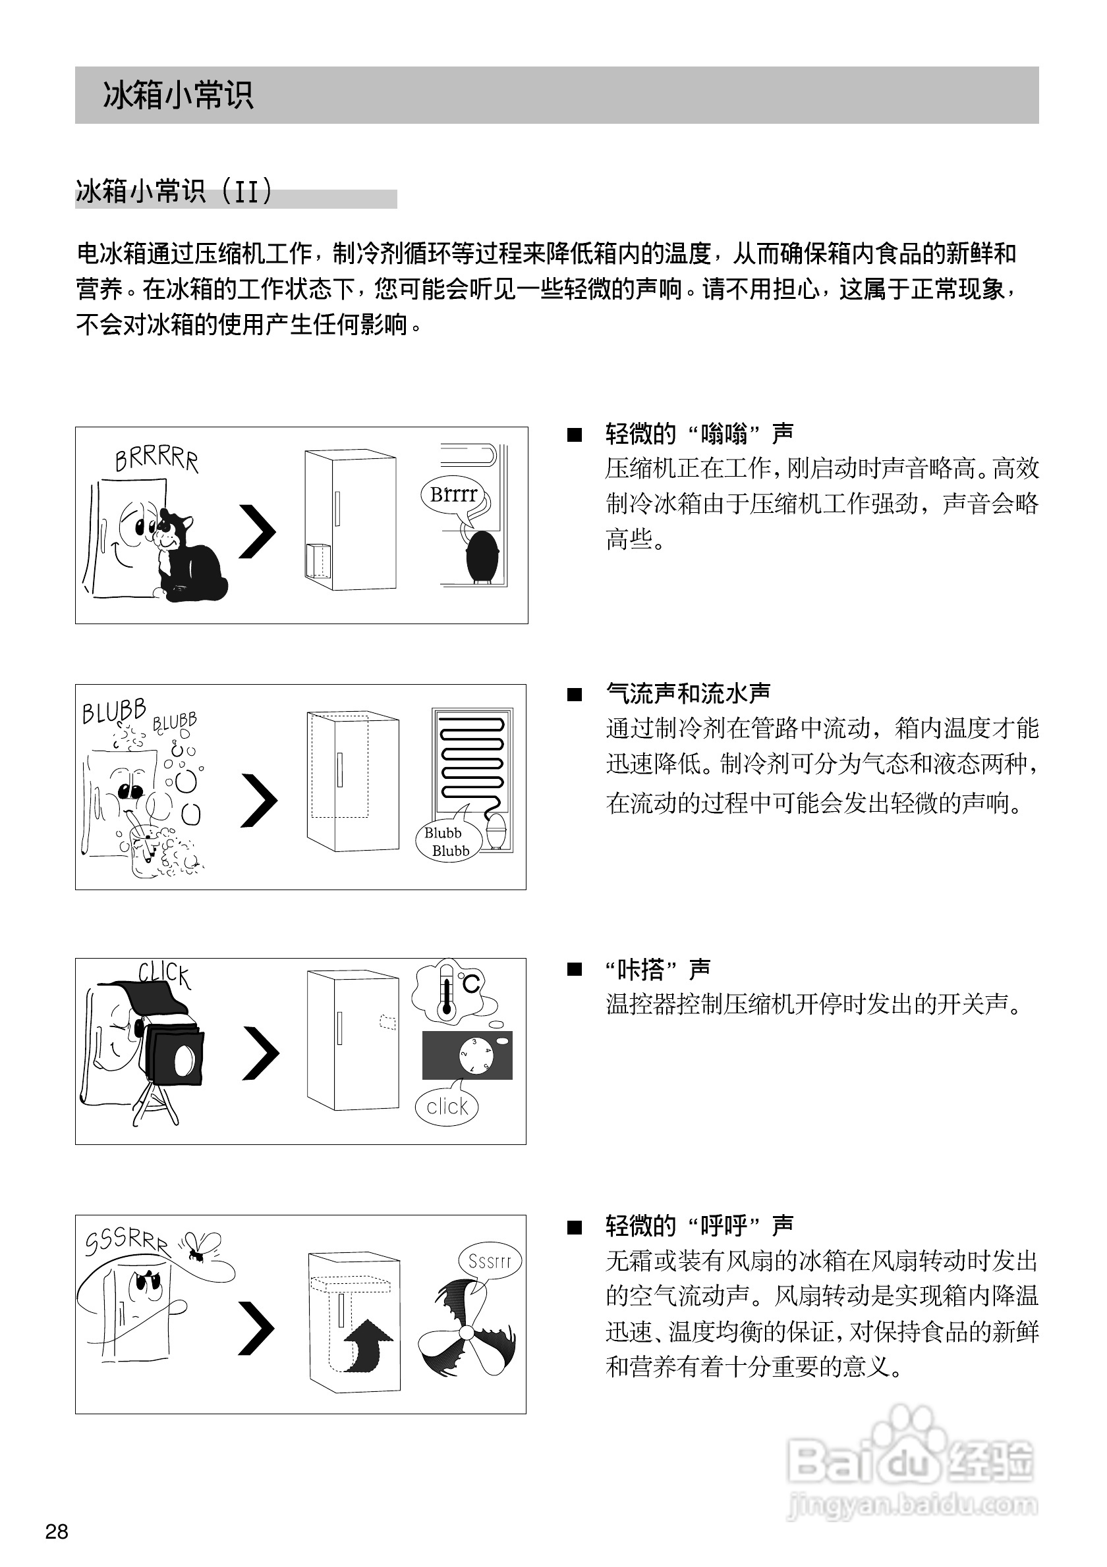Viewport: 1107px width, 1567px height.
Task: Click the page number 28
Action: (x=57, y=1531)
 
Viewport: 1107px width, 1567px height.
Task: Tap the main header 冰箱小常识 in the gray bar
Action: (x=178, y=95)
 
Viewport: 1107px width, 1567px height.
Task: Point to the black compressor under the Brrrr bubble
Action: (x=484, y=556)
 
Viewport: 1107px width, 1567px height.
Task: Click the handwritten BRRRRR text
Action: (x=156, y=459)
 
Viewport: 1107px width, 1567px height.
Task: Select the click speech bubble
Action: (x=447, y=1106)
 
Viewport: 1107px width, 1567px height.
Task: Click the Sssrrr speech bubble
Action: (x=490, y=1261)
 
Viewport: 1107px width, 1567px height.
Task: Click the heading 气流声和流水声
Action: (x=689, y=693)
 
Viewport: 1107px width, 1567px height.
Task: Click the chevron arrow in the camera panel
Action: (x=260, y=1053)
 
